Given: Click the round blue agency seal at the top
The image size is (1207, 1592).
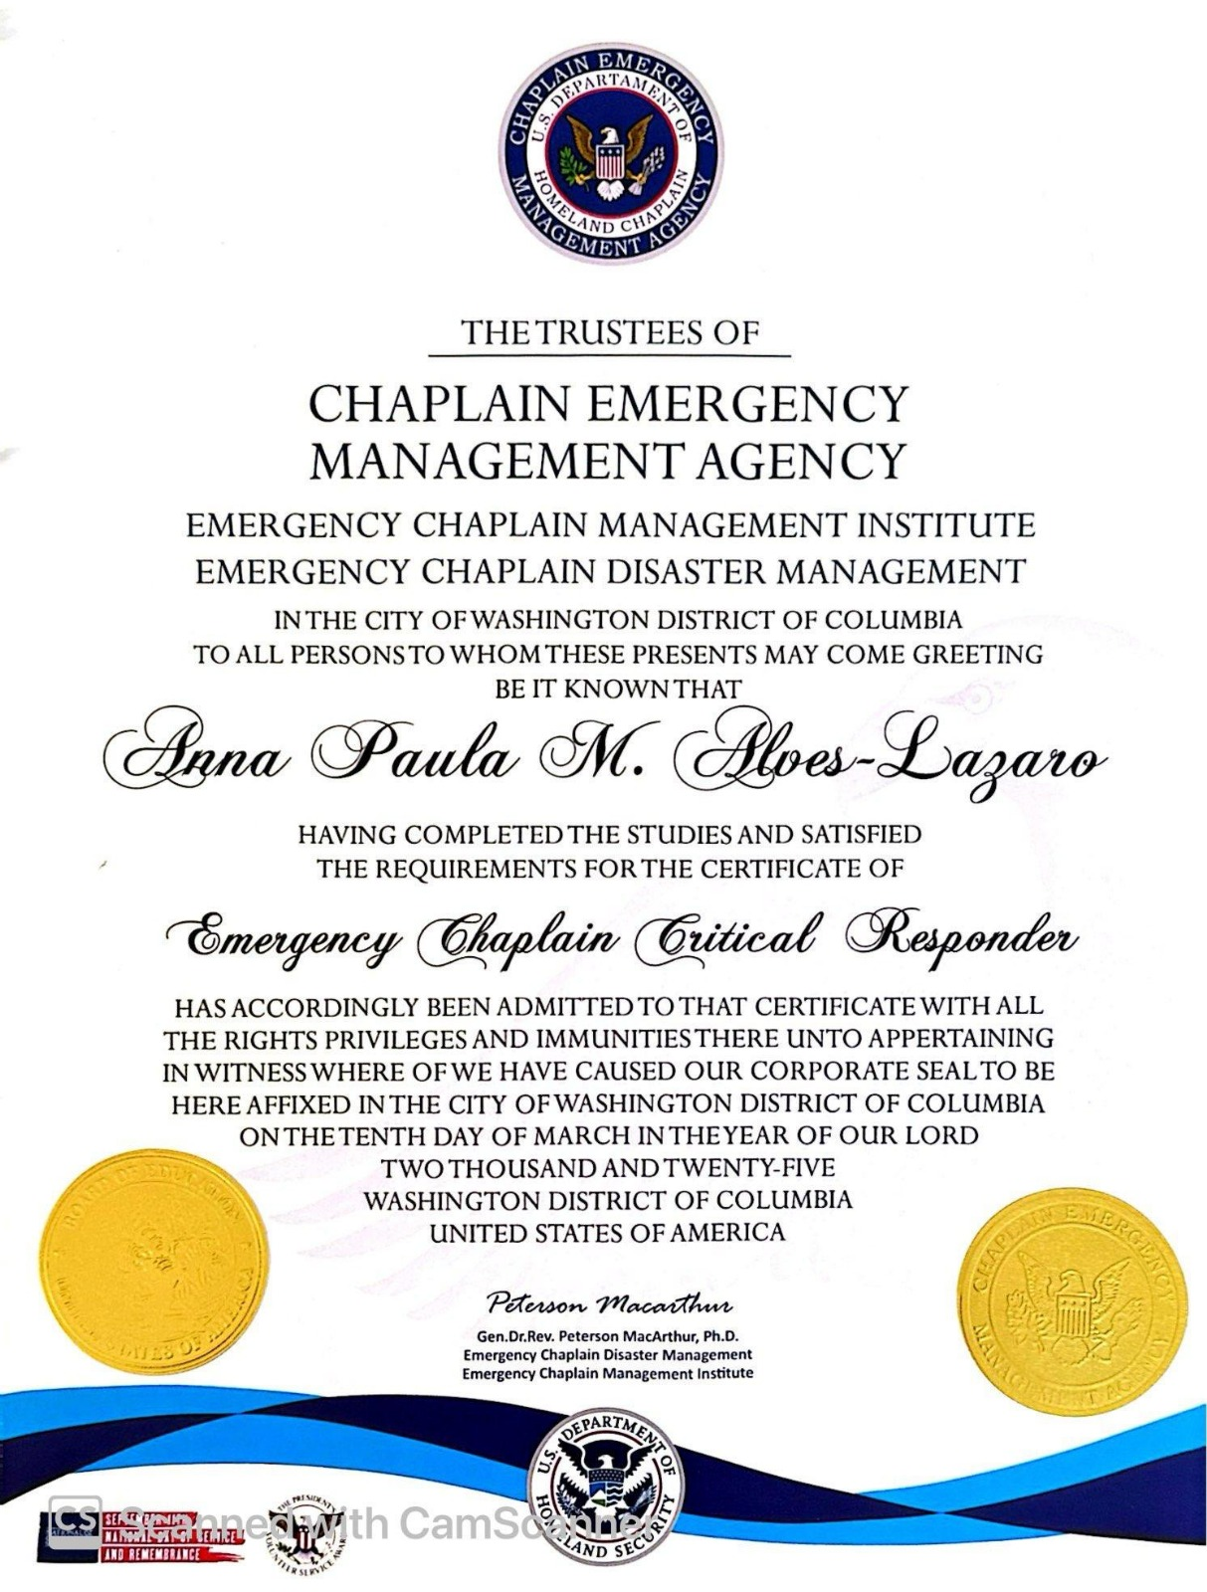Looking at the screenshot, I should click(610, 154).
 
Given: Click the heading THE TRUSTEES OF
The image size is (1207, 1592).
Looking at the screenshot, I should click(609, 332).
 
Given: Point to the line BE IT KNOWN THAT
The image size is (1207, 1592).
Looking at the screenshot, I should click(618, 688).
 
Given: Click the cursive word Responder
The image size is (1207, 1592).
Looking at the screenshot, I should click(962, 937).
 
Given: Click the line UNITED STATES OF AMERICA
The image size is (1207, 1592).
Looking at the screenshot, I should click(607, 1233).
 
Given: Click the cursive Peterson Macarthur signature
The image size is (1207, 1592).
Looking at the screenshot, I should click(609, 1304).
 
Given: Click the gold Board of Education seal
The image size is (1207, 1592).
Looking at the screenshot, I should click(154, 1262).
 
